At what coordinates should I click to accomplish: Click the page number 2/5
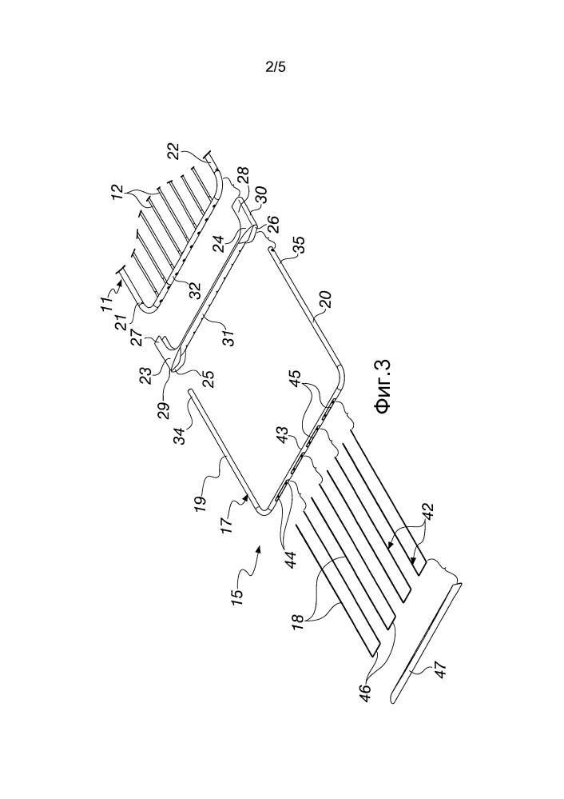(x=275, y=68)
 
